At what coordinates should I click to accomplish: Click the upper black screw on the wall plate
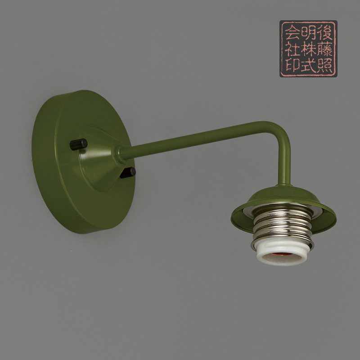click(78, 144)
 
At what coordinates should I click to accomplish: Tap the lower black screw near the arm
click(128, 172)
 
